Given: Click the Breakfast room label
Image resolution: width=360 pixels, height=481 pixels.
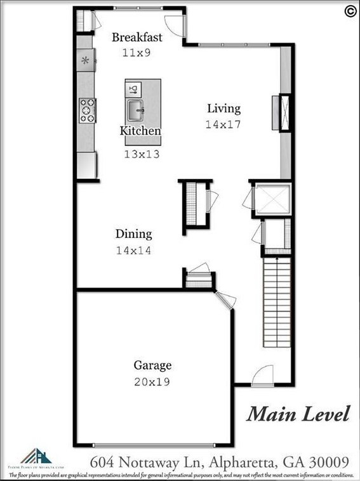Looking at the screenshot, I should click(137, 37).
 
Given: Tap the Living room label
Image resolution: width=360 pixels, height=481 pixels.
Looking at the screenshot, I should click(223, 109).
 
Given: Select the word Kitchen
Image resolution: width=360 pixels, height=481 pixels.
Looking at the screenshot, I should click(140, 131).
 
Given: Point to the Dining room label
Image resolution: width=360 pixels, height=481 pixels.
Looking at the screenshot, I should click(133, 234).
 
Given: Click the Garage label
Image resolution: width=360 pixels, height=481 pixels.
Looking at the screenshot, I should click(152, 366).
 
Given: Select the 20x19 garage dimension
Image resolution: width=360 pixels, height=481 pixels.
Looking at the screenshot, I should click(152, 382).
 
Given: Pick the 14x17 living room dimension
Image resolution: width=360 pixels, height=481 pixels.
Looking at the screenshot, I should click(223, 125).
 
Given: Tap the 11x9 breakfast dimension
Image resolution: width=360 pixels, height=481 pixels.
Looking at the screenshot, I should click(137, 53).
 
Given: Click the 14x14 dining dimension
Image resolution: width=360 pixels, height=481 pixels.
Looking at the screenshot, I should click(133, 251).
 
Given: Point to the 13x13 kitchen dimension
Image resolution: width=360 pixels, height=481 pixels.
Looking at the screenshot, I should click(140, 153).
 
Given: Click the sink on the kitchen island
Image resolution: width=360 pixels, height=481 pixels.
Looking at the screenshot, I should click(136, 110).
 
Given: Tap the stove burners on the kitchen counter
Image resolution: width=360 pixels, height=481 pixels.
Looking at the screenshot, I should click(88, 109).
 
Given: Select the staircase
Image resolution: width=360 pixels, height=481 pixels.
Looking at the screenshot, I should click(277, 301).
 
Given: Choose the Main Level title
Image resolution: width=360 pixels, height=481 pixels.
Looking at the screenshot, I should click(298, 414).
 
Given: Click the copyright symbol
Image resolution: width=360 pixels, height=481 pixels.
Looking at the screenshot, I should click(349, 10).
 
